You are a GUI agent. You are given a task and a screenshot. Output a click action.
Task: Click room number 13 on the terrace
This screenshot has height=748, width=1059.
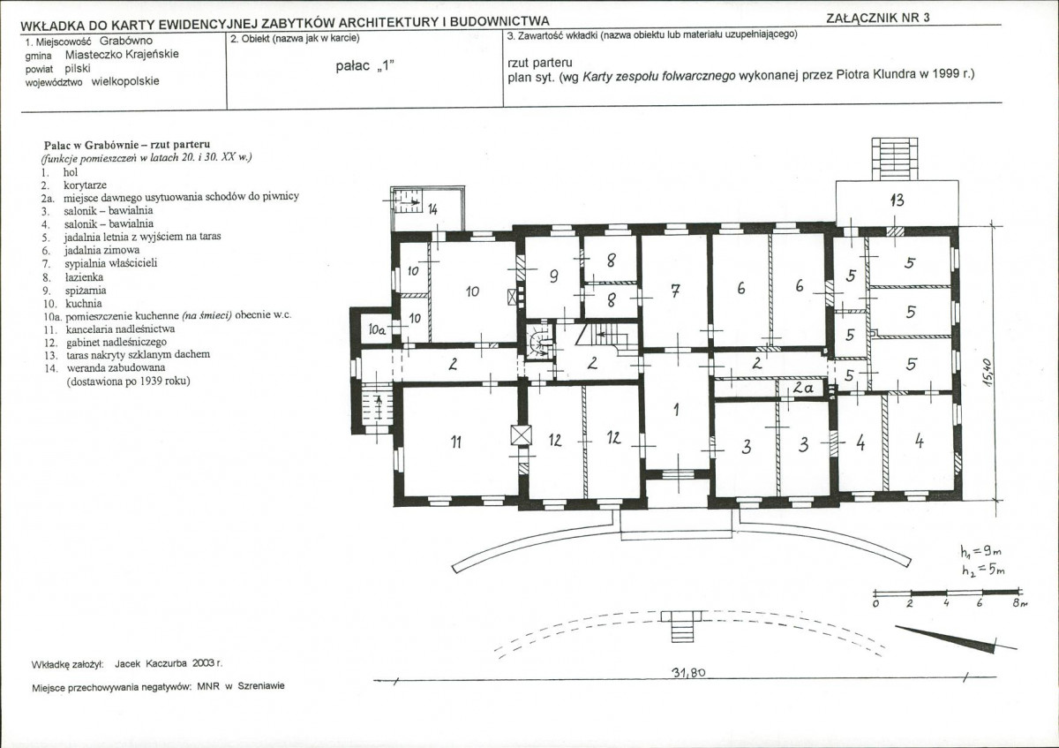click(897, 200)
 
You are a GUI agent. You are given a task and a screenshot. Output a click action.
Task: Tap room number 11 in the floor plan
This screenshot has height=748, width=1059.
click(455, 442)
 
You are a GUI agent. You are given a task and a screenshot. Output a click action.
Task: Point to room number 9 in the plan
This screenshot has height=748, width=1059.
click(553, 276)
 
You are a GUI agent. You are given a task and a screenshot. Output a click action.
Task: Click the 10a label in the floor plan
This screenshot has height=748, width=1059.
click(377, 329)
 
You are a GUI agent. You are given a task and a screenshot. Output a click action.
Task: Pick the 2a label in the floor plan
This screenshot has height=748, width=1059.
click(803, 388)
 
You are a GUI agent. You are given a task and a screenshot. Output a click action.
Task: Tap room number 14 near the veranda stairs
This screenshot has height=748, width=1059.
click(432, 208)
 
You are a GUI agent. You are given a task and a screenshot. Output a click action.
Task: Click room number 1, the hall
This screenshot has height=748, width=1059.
click(677, 410)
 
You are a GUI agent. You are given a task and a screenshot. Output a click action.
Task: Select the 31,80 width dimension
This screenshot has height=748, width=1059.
click(688, 672)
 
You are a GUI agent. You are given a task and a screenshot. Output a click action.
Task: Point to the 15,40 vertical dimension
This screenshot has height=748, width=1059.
click(986, 374)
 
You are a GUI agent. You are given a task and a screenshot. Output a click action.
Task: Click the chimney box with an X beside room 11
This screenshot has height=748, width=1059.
click(521, 435)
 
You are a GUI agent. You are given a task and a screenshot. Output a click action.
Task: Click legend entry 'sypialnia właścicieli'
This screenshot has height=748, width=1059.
click(110, 263)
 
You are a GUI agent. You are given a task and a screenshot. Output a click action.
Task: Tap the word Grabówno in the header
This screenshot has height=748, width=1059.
click(125, 41)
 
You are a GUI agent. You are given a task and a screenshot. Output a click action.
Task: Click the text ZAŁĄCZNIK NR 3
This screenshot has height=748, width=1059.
click(878, 18)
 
